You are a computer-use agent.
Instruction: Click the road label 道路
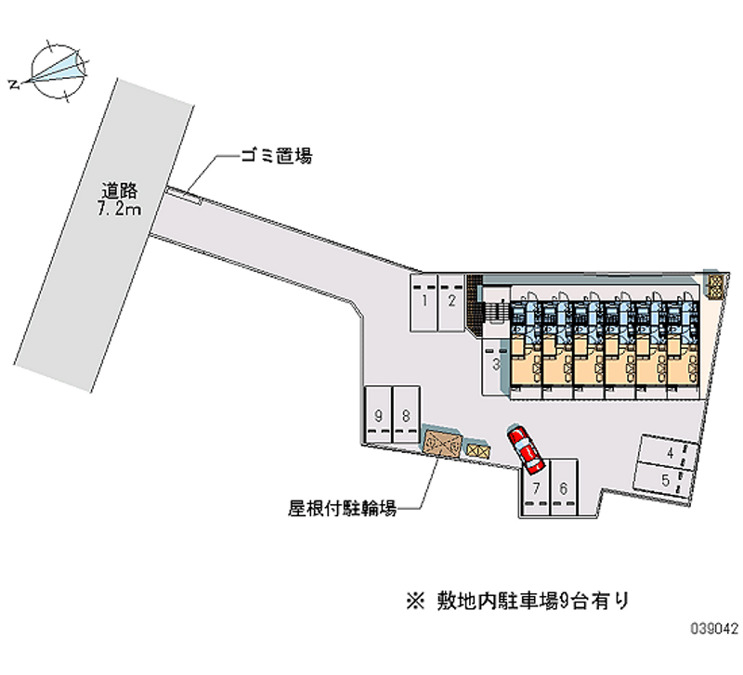point(121,192)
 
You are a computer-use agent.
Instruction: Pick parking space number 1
point(424,301)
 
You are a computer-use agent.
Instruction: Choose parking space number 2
point(450,301)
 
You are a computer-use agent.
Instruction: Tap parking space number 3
point(496,365)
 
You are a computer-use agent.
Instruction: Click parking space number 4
point(669,454)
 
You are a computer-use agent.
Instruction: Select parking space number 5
point(665,480)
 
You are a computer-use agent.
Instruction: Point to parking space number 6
point(563,488)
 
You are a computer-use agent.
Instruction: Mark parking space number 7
point(536,488)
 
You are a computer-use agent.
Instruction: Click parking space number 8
point(405,415)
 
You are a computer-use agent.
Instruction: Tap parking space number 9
point(379,415)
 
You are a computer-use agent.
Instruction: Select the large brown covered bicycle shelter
point(441,443)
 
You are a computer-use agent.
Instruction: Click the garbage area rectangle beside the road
point(183,193)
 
